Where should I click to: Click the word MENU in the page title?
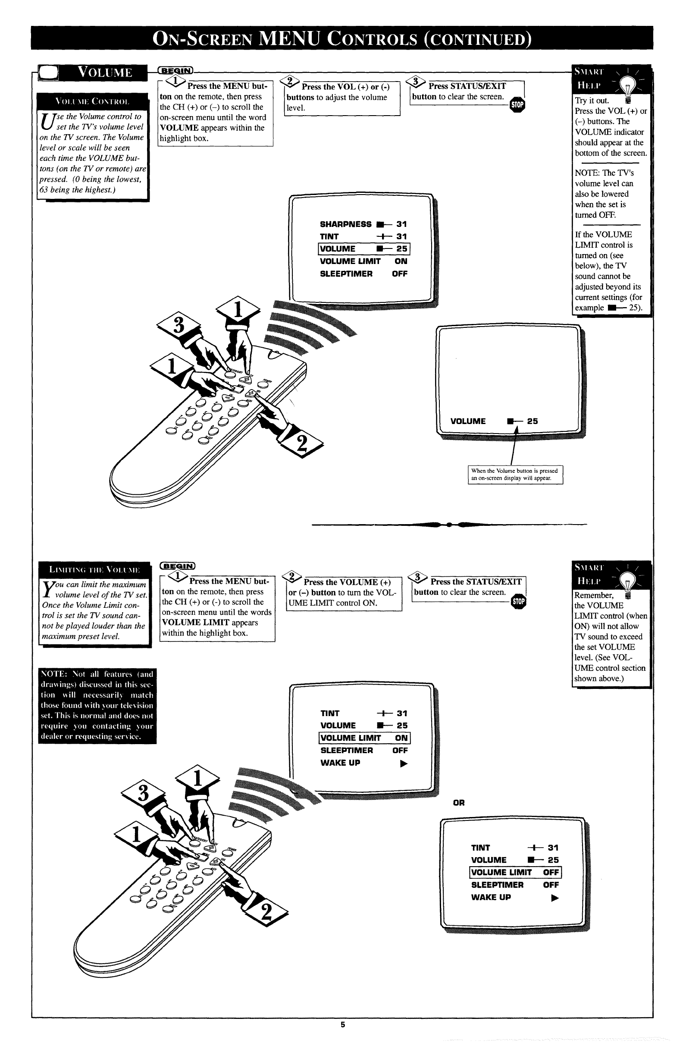tap(290, 38)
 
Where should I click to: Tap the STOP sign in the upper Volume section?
tap(517, 105)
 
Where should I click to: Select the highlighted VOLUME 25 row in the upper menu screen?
tap(364, 249)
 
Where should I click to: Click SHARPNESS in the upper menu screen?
tap(345, 224)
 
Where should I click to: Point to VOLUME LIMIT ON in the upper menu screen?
tap(363, 261)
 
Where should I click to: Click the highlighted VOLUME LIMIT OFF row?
tap(515, 872)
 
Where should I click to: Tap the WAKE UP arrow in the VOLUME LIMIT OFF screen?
tap(555, 898)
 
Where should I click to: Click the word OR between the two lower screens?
tap(459, 802)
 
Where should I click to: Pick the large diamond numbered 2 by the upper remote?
tap(301, 443)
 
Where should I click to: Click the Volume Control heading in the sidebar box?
tap(92, 101)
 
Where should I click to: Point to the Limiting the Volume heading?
tap(94, 569)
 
